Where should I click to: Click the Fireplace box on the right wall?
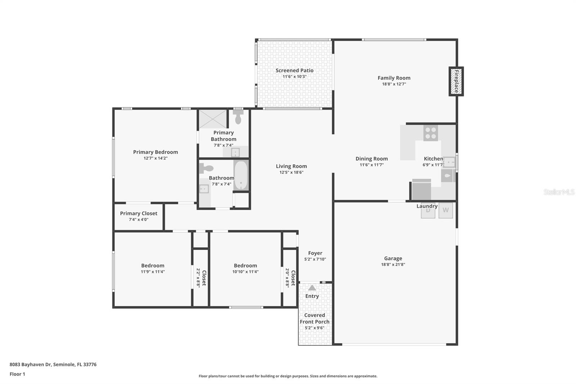[x=456, y=81]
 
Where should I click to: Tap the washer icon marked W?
[x=446, y=210]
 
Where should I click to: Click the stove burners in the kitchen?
[x=431, y=133]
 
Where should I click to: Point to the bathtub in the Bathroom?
[x=241, y=175]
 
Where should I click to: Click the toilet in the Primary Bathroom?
[x=238, y=117]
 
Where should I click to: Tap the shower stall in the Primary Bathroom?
[x=213, y=119]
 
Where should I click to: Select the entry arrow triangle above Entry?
[x=312, y=288]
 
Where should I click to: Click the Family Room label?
[x=394, y=78]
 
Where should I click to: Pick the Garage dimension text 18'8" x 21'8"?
[x=393, y=264]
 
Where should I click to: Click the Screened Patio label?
[x=294, y=71]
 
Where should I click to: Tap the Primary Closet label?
[x=139, y=213]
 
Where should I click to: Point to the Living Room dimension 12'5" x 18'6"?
[x=291, y=172]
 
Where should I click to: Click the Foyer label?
[x=315, y=253]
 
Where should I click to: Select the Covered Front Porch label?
[x=315, y=318]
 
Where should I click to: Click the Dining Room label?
[x=372, y=158]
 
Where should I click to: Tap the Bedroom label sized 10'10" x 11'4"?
[x=245, y=265]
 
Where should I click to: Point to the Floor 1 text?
[x=17, y=374]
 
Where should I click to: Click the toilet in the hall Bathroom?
[x=207, y=168]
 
